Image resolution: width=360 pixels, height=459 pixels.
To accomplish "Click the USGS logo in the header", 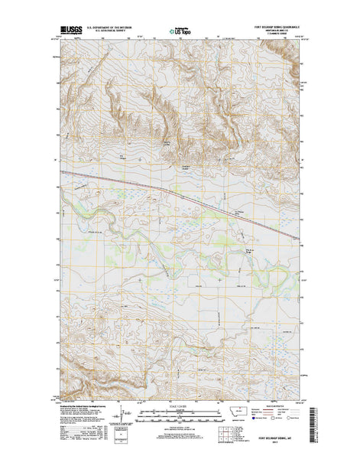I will point(70,31).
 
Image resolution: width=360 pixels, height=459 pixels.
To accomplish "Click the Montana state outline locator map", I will point(240,410).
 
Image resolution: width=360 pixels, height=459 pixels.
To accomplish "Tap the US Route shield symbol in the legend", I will point(274,420).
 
